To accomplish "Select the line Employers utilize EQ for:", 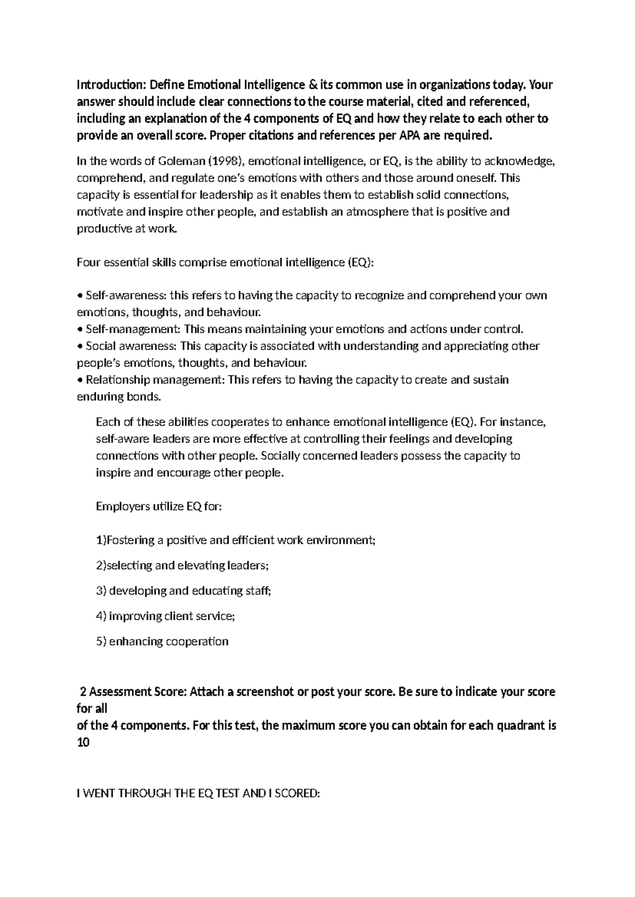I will tap(159, 506).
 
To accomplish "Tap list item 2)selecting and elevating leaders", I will tap(182, 565).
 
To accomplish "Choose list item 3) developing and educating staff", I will tap(183, 591).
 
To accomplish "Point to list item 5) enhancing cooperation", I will tap(162, 642).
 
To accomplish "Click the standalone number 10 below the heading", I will tap(83, 742).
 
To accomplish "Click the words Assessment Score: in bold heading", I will tap(138, 691).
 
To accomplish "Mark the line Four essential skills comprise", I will tap(225, 262).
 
